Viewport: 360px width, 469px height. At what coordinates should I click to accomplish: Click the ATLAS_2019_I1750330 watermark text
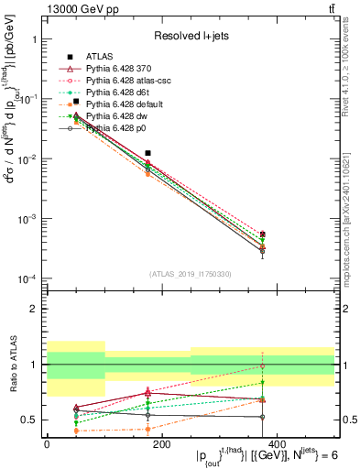click(x=191, y=274)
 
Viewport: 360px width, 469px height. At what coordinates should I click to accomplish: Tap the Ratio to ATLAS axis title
click(x=11, y=365)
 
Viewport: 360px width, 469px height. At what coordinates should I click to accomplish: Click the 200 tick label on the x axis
click(x=161, y=443)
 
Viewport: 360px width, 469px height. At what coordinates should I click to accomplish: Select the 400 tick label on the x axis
click(x=276, y=443)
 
